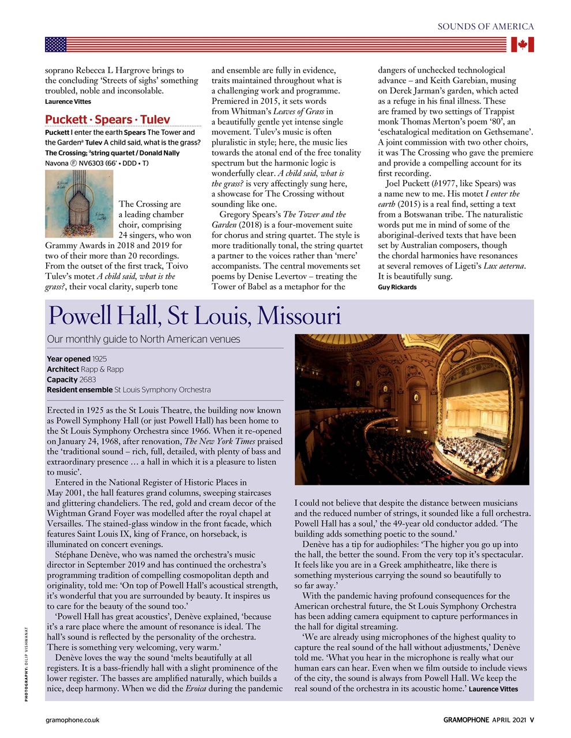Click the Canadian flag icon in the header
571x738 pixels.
[x=522, y=44]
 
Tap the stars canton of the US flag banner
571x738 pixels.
[x=56, y=44]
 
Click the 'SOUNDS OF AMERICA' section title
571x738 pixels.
[x=486, y=27]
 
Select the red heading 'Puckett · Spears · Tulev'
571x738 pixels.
[x=107, y=120]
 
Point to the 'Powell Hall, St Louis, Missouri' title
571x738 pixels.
[x=194, y=316]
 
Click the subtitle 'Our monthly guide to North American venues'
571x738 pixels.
[x=143, y=339]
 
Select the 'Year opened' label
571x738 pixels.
[x=68, y=359]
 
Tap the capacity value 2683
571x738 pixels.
[x=88, y=379]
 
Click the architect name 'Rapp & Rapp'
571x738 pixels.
[x=102, y=369]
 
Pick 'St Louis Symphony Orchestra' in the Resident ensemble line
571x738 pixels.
[x=163, y=390]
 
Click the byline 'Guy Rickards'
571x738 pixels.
[x=397, y=287]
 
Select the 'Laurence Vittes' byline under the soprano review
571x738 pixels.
[x=67, y=101]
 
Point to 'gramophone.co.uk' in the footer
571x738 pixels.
[x=72, y=720]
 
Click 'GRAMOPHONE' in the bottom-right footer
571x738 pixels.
[x=466, y=720]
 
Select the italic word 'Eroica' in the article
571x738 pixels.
[x=196, y=688]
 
